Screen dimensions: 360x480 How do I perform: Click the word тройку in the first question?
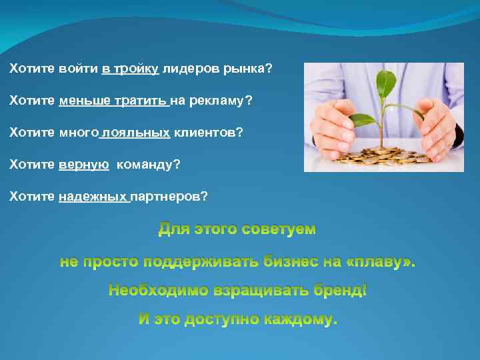point(136,69)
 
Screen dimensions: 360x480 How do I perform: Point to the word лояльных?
point(137,133)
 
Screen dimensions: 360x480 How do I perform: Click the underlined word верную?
point(83,165)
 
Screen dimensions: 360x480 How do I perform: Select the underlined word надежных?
point(93,197)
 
